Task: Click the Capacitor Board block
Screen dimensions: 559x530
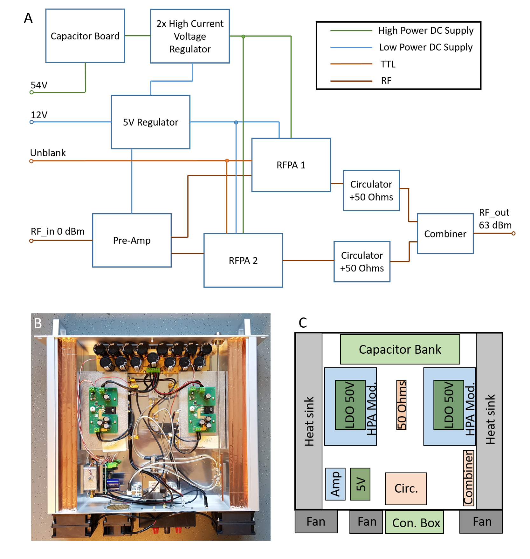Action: [85, 36]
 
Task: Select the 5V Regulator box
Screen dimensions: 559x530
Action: [150, 122]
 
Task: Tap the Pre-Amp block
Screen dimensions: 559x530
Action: [132, 240]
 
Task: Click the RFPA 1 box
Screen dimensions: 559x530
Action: [291, 165]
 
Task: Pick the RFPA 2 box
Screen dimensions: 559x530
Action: [243, 260]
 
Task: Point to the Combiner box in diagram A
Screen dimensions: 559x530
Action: [445, 234]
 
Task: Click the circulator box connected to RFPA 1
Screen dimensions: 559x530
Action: [371, 190]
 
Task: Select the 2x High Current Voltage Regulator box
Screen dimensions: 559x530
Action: [190, 36]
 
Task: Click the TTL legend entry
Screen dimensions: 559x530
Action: [388, 64]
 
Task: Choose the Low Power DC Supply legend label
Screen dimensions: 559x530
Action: [425, 47]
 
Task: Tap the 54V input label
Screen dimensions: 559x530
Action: [39, 85]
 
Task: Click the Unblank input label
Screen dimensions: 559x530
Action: [48, 153]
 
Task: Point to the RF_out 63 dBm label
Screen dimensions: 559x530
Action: [495, 219]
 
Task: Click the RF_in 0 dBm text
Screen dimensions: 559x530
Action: [58, 231]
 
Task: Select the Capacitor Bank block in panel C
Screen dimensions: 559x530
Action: [400, 349]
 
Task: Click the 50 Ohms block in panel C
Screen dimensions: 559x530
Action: [401, 405]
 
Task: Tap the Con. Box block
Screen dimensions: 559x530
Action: [416, 522]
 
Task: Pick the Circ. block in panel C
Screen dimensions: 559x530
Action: [406, 488]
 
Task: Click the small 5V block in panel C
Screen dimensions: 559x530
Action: [360, 484]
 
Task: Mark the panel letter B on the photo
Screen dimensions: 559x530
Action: [38, 323]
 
